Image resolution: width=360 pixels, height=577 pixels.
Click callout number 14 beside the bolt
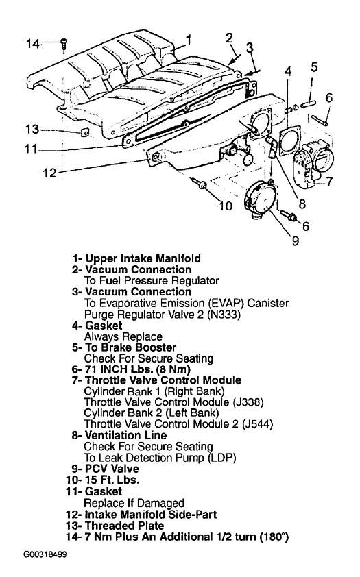32,44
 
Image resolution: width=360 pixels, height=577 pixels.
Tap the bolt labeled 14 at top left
64,44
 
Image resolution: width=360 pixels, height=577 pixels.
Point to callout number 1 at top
188,40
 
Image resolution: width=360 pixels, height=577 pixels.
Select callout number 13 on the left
32,129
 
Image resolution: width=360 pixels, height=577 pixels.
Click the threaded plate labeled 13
84,132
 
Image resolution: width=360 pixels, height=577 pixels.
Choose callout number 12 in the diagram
49,172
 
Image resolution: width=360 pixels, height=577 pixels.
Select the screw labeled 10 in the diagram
200,183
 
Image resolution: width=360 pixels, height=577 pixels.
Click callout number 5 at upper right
313,67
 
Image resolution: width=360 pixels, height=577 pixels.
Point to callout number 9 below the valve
296,241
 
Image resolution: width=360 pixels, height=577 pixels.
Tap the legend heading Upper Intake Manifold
143,258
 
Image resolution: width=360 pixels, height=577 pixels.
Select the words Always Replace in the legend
123,336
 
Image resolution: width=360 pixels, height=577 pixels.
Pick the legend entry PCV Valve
112,469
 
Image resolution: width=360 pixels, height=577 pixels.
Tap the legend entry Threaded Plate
124,526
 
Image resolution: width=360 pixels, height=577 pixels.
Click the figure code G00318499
45,554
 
